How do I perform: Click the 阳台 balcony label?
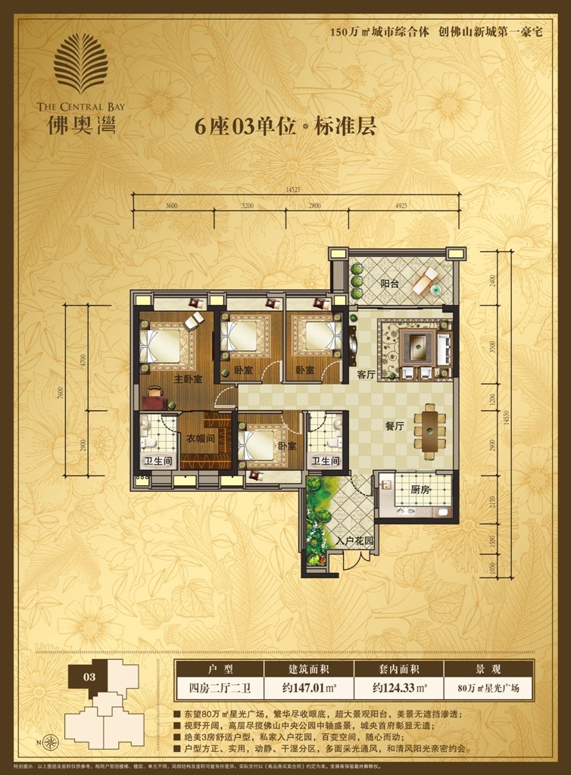389,284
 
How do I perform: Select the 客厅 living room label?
367,374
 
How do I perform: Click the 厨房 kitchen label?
420,490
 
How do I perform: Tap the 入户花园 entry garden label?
354,542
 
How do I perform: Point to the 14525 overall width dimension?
294,188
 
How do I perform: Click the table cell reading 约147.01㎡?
309,689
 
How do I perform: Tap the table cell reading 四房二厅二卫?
220,689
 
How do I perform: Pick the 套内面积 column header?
398,670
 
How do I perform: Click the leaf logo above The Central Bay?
82,65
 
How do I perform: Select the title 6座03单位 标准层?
285,126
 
